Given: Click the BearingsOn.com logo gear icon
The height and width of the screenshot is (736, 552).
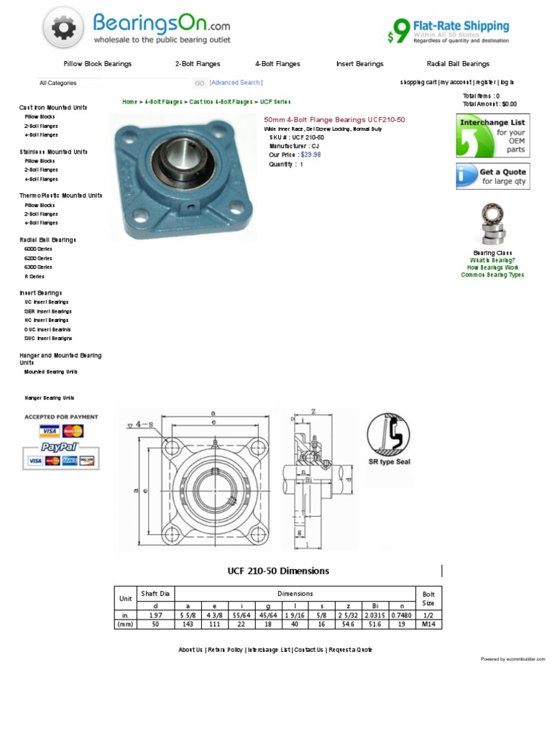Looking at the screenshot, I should pos(63,28).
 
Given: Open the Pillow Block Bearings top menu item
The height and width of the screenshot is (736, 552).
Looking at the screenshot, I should pos(97,64).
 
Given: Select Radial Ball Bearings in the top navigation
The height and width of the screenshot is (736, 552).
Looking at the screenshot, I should pos(458,64).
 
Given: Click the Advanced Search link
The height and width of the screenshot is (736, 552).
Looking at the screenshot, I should pos(236,83).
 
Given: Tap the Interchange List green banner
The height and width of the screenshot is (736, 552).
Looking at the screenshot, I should pos(492,135).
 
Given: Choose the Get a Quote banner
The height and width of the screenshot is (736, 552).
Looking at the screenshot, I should pos(492,176).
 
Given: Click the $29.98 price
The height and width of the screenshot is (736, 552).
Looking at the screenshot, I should pos(310,155).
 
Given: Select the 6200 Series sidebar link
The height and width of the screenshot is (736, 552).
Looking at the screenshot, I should pos(38,258).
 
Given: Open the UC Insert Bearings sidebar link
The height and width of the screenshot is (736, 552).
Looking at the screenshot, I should pos(46,303).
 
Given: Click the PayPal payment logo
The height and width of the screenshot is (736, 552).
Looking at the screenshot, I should pos(61,447).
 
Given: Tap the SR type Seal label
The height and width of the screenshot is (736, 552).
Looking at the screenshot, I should pos(389,462).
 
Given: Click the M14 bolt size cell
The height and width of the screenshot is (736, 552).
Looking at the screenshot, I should pos(428,625).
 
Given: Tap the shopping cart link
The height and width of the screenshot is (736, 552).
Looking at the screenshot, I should pos(418,83).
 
